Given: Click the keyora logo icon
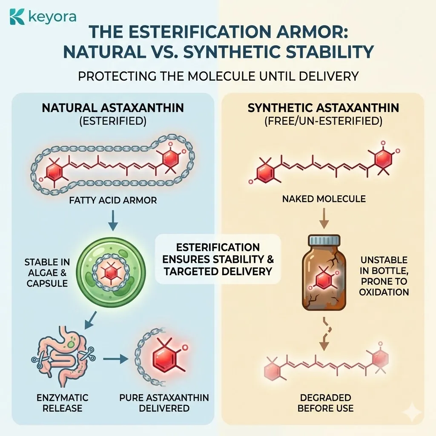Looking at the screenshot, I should click(17, 17).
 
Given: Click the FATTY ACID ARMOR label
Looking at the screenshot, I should click(113, 200).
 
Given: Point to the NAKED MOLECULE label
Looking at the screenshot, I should click(324, 198).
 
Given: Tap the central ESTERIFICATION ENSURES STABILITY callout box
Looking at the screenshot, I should click(218, 259).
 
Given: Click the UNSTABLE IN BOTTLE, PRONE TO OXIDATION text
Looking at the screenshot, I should click(384, 276).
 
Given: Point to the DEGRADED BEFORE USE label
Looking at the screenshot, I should click(325, 403).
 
